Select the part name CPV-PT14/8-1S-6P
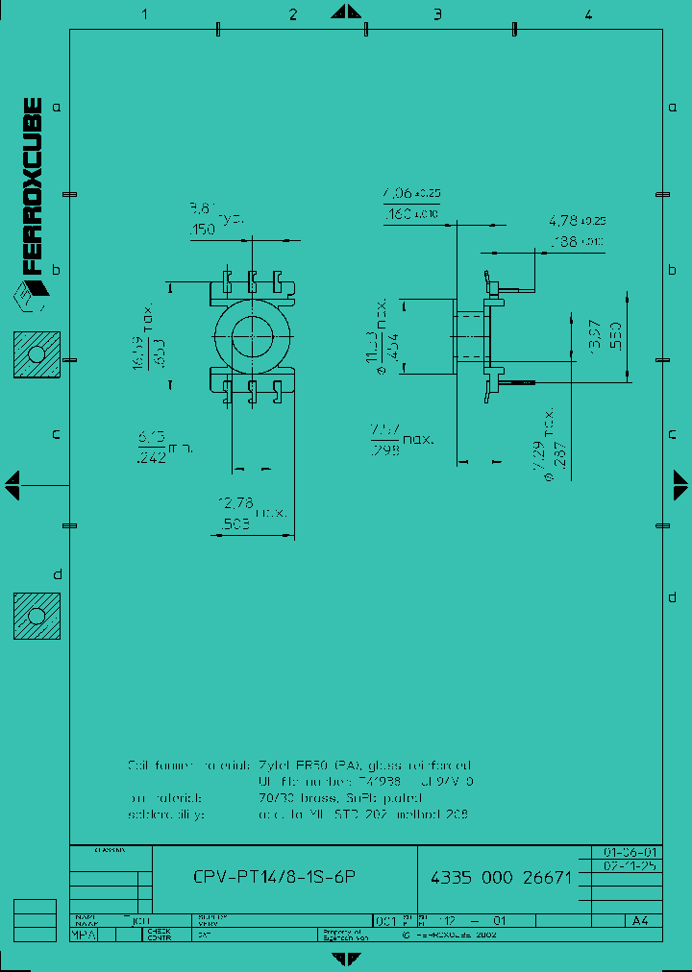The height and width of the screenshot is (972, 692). pyautogui.click(x=279, y=877)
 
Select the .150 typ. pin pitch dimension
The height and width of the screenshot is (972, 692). pyautogui.click(x=203, y=230)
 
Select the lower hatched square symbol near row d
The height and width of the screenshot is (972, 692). pyautogui.click(x=37, y=616)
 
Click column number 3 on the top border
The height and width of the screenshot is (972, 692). pyautogui.click(x=437, y=13)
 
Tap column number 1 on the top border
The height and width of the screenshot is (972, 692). pyautogui.click(x=144, y=13)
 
